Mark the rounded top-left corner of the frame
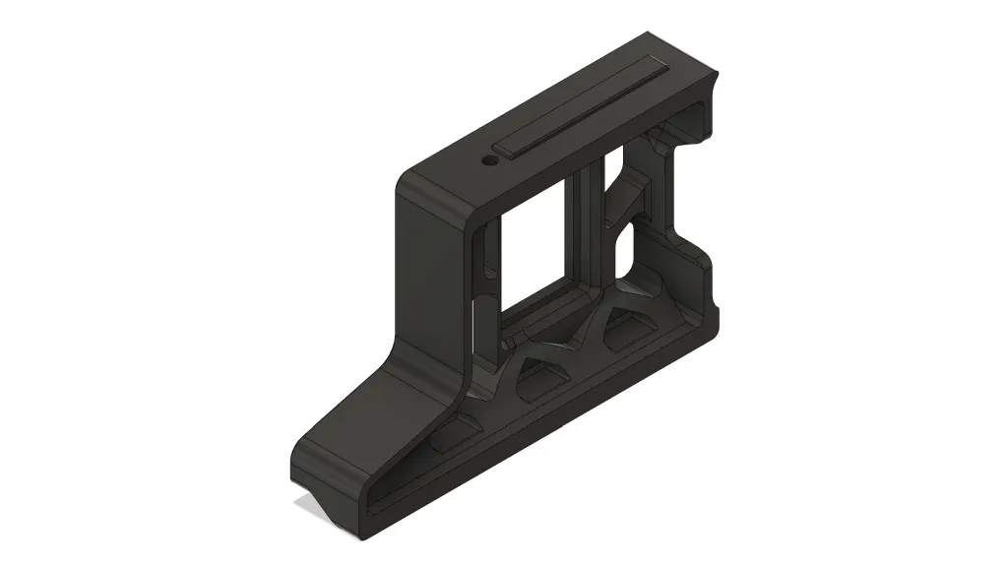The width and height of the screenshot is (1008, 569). click(x=409, y=182)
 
